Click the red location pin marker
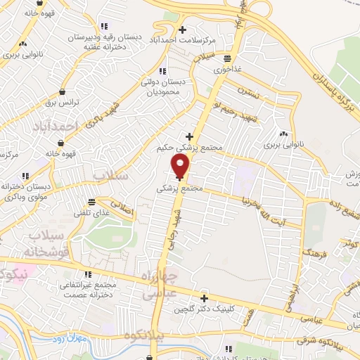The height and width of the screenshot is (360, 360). [181, 167]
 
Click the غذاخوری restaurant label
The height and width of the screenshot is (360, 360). [226, 70]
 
